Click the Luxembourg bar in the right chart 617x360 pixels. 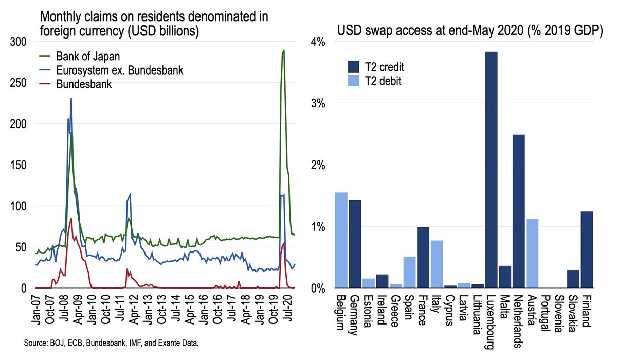pyautogui.click(x=491, y=170)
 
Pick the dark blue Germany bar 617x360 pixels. pyautogui.click(x=355, y=244)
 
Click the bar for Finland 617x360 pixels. pyautogui.click(x=586, y=249)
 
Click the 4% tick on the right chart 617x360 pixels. pyautogui.click(x=318, y=42)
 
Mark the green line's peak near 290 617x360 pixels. pyautogui.click(x=283, y=51)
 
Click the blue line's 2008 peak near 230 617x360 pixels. pyautogui.click(x=71, y=99)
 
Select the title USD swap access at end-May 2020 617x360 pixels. pyautogui.click(x=469, y=31)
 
